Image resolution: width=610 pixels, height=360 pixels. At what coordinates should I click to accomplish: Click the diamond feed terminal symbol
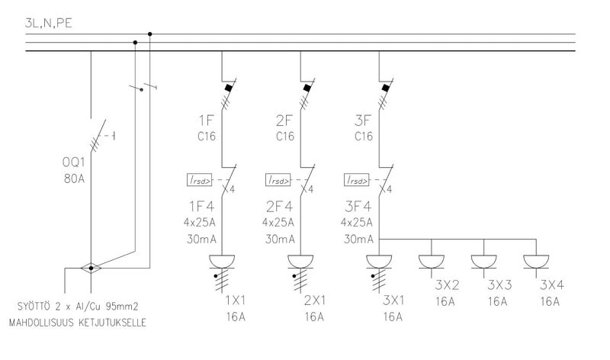pos(91,268)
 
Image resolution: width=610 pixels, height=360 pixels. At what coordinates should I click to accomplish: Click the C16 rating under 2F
pos(284,137)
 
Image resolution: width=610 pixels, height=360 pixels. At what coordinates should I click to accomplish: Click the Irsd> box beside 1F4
pos(201,181)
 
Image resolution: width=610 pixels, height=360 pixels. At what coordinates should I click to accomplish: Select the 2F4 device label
pos(280,207)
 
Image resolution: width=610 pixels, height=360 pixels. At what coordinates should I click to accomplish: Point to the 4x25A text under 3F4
pos(355,223)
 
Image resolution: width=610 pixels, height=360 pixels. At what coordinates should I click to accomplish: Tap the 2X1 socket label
pos(314,300)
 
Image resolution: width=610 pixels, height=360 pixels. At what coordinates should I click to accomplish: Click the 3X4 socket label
pos(552,285)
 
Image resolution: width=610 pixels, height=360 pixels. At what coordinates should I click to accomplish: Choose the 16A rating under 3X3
pos(499,301)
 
